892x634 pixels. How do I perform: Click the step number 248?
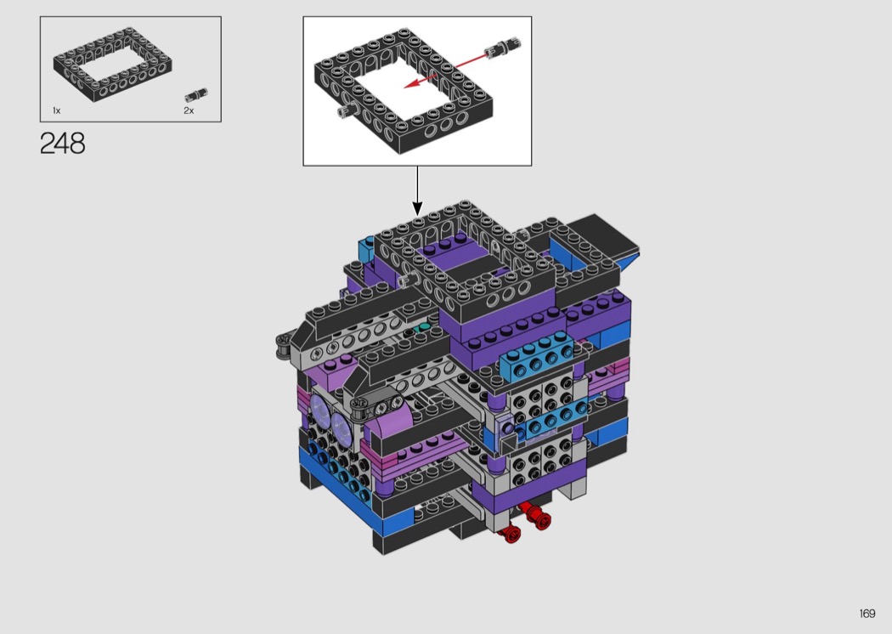pos(63,144)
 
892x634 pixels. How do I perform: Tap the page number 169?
pos(867,614)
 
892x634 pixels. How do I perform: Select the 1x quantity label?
pos(56,110)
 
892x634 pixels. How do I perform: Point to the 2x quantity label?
pos(189,110)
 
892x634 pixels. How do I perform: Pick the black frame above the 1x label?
pos(113,65)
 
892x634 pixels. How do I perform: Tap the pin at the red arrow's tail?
pos(504,47)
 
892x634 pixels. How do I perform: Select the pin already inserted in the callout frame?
pos(347,110)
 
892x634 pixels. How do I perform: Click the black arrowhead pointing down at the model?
pos(418,208)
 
